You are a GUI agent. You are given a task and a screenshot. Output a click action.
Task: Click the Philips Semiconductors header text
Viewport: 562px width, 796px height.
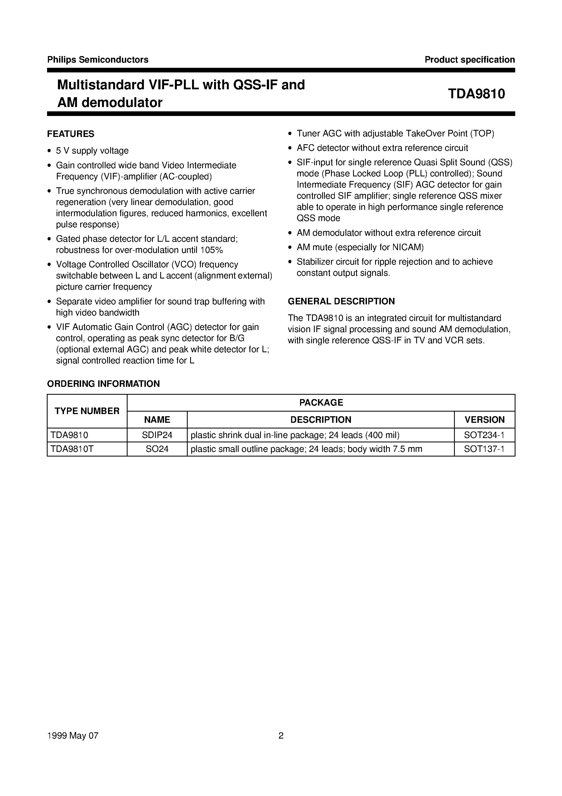[x=98, y=60]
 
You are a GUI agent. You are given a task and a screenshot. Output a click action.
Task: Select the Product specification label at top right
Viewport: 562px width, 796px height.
[x=470, y=60]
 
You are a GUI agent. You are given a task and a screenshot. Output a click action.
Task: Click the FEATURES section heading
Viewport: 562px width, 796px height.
[x=71, y=134]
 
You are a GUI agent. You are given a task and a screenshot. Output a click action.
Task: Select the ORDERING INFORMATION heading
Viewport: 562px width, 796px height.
[x=103, y=384]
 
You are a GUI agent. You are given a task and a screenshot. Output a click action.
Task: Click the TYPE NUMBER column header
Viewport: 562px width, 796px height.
[x=87, y=411]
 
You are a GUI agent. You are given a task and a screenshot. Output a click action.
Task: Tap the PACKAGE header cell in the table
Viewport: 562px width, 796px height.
[x=321, y=403]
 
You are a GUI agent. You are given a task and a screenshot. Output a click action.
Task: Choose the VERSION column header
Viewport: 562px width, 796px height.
[x=484, y=420]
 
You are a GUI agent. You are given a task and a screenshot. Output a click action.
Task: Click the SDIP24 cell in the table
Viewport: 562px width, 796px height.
[x=157, y=435]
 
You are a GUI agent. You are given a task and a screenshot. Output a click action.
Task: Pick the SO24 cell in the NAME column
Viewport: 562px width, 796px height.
[x=157, y=449]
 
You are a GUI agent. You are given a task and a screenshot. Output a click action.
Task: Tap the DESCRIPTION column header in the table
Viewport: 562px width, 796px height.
[x=320, y=420]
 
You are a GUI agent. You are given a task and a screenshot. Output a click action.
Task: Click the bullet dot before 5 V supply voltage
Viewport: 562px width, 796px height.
[x=50, y=151]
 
